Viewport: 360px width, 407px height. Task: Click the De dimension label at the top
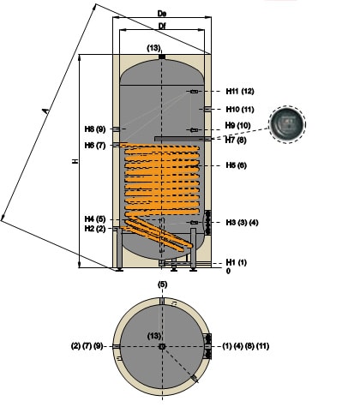(x=162, y=13)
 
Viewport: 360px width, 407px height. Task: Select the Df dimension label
(x=162, y=26)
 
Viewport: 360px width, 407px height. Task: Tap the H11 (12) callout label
(x=240, y=91)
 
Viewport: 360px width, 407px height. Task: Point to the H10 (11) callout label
(x=240, y=110)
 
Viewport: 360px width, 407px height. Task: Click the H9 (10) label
(x=237, y=125)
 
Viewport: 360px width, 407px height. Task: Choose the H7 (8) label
(x=236, y=141)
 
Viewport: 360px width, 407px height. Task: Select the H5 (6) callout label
(x=236, y=165)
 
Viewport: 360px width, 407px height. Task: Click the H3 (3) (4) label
(x=242, y=223)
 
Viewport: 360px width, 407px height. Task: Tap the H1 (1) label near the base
(x=236, y=262)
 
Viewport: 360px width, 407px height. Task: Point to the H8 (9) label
(x=95, y=129)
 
